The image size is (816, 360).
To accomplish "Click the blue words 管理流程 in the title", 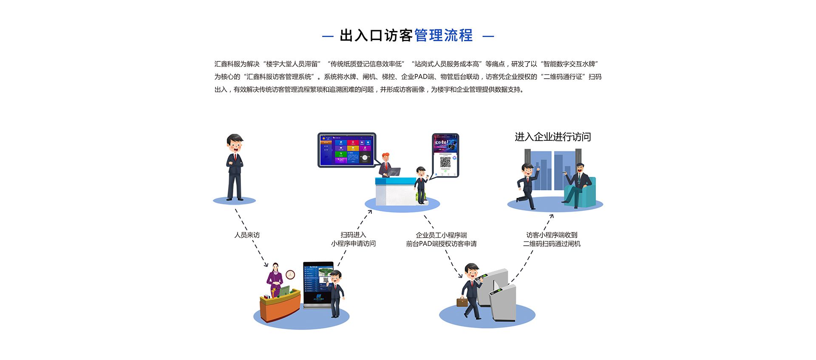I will (x=443, y=36).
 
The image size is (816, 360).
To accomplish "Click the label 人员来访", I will (x=247, y=235).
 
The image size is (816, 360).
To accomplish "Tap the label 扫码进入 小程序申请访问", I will (x=353, y=239).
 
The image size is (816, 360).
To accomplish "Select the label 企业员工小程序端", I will (x=441, y=235).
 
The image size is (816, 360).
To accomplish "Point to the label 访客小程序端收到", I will (x=552, y=235).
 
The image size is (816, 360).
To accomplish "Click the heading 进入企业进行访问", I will (x=552, y=137).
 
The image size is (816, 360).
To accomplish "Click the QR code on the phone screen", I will (x=445, y=162).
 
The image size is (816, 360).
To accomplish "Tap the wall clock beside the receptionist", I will (x=290, y=275).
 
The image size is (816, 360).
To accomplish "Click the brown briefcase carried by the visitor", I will (x=462, y=302).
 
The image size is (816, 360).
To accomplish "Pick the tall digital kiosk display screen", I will (x=318, y=283).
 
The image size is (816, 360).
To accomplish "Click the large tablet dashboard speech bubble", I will (x=347, y=150).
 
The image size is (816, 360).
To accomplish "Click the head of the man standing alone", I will (x=234, y=143).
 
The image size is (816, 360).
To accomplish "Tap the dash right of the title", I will (x=488, y=37).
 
